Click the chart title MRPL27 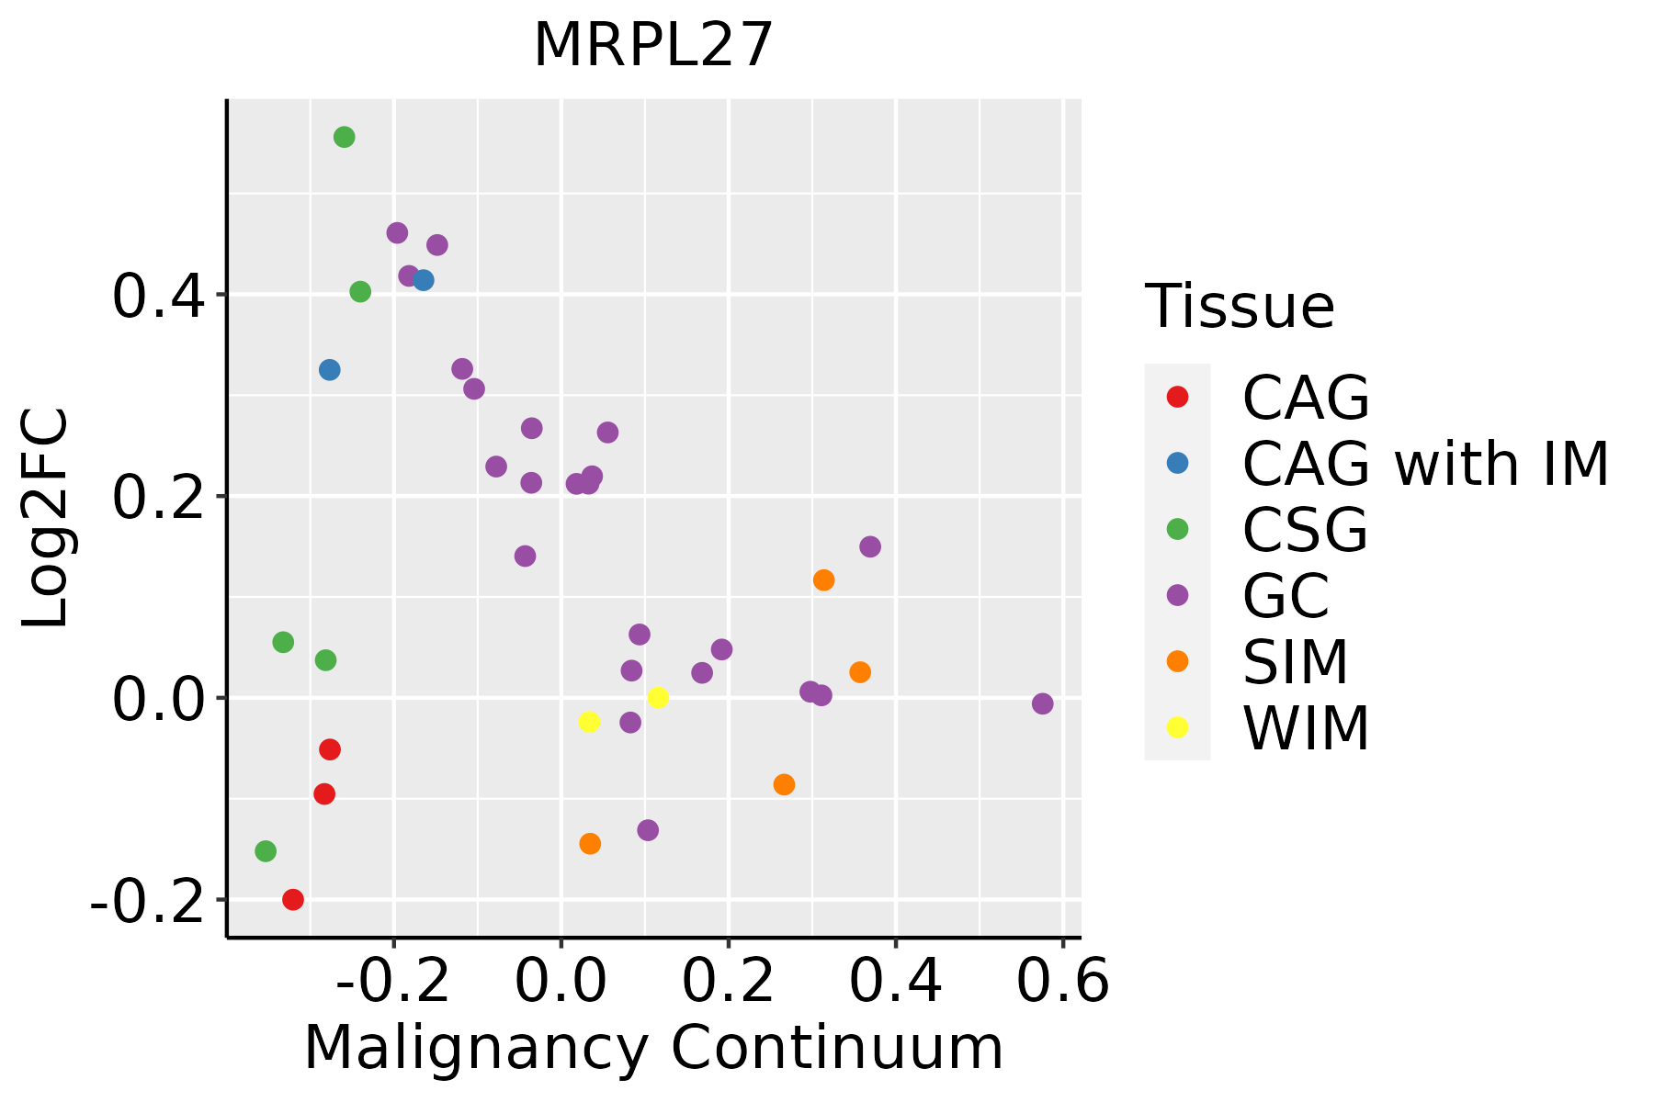point(653,46)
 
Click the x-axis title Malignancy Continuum point(653,1048)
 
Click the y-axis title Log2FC point(46,519)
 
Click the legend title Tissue point(1240,307)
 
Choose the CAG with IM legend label point(1425,464)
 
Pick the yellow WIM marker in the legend point(1177,727)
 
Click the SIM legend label point(1295,662)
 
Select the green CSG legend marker point(1177,529)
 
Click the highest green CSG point point(345,138)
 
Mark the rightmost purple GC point point(1042,704)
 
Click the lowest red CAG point point(293,900)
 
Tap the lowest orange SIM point point(590,844)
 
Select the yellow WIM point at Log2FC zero point(658,698)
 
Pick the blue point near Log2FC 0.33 point(330,370)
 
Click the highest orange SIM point point(823,580)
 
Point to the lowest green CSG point point(266,851)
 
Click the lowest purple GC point point(648,831)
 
